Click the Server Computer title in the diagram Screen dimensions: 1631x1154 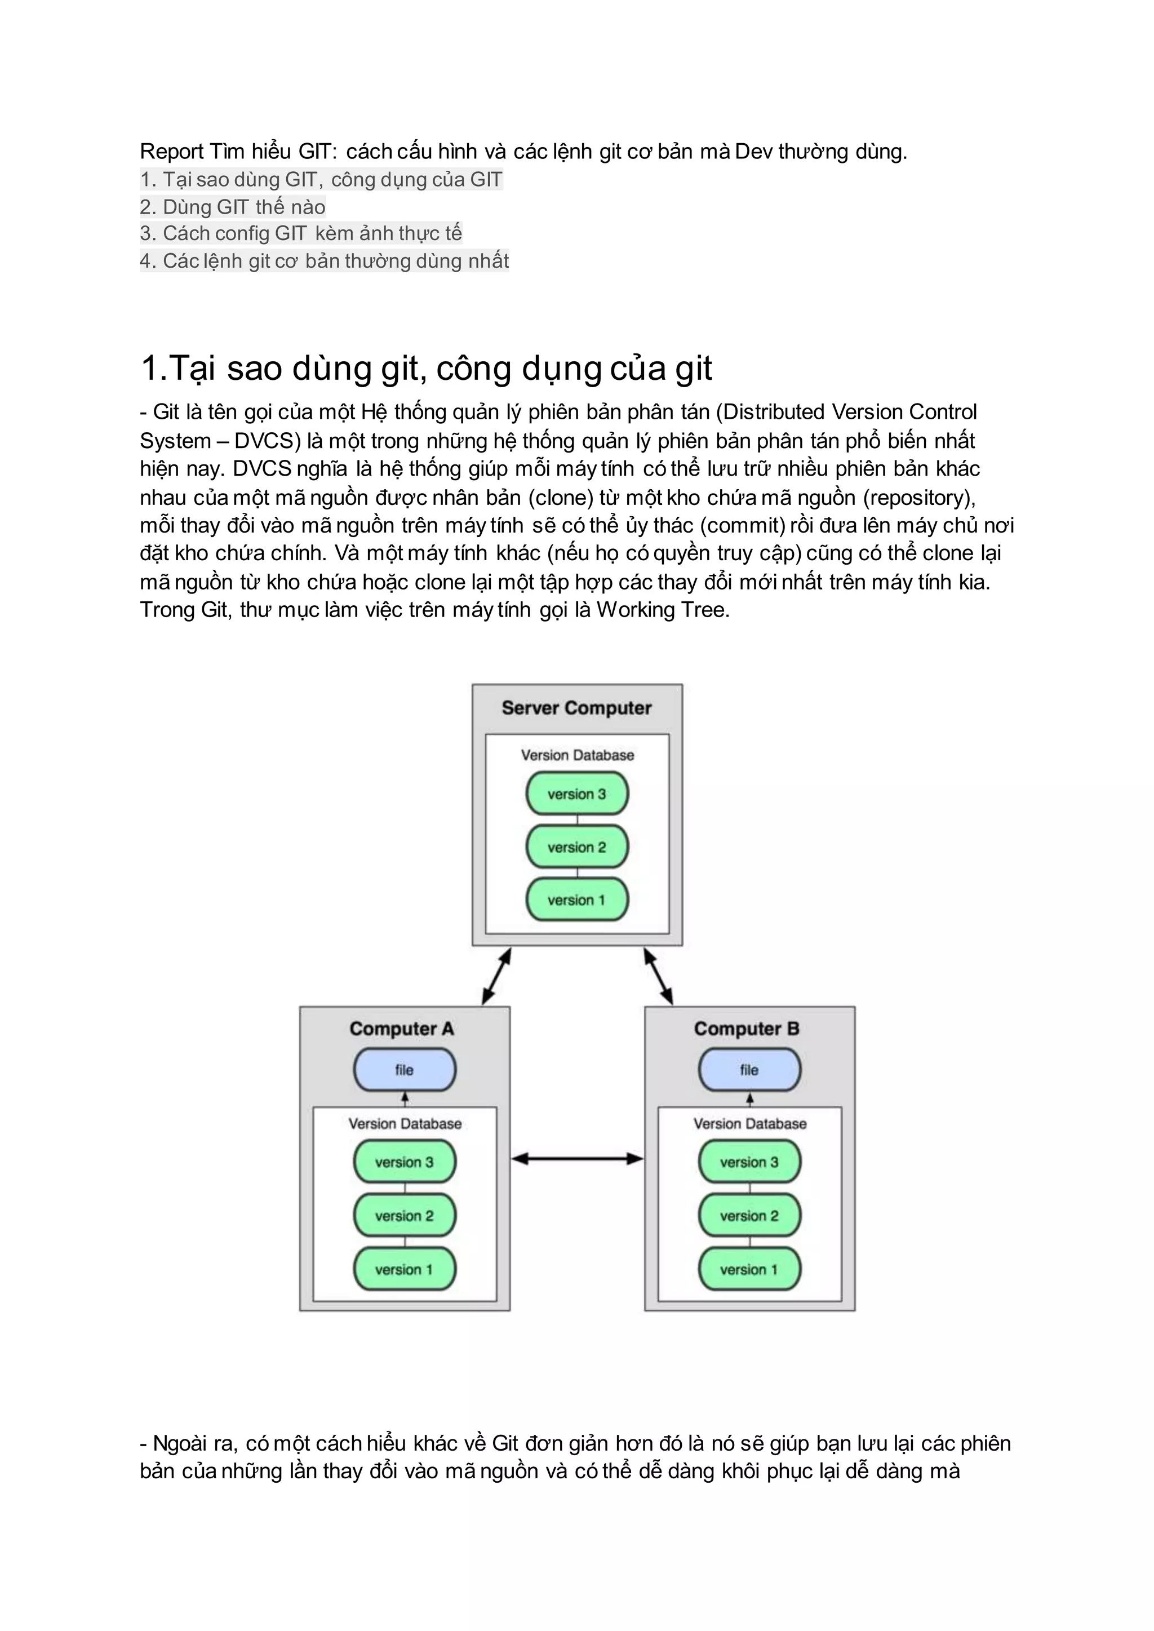[576, 708]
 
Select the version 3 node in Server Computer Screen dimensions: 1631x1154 [577, 794]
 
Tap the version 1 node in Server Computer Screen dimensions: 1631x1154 [577, 899]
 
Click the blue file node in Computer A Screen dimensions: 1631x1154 [405, 1070]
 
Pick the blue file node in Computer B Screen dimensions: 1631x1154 [749, 1070]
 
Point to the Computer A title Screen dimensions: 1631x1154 [402, 1029]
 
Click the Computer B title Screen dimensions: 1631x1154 [746, 1029]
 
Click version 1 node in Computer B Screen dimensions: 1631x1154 [749, 1269]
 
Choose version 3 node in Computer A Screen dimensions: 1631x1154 [405, 1162]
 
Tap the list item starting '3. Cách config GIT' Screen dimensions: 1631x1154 [300, 233]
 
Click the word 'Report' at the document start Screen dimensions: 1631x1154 [172, 152]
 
